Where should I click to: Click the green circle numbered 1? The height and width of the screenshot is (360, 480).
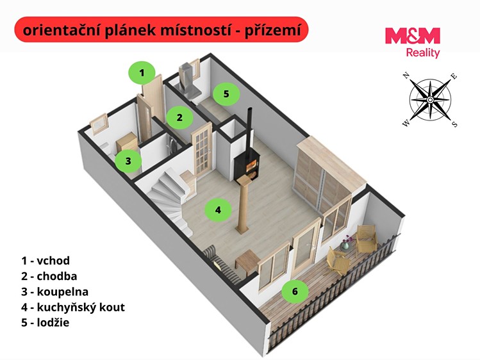click(x=142, y=73)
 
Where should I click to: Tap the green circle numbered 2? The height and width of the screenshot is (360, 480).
click(x=179, y=117)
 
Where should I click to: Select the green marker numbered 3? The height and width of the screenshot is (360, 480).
click(x=128, y=161)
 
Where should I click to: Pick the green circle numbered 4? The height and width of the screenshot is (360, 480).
click(x=218, y=210)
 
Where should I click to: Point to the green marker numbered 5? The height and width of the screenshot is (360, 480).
click(x=226, y=94)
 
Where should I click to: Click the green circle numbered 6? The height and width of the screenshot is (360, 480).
click(x=295, y=291)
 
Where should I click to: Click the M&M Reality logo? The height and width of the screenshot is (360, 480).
click(x=412, y=42)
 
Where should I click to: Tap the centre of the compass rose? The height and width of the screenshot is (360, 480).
click(x=430, y=100)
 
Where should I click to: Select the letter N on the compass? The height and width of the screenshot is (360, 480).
click(x=406, y=76)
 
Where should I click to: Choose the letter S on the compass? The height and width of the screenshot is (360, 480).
click(x=455, y=124)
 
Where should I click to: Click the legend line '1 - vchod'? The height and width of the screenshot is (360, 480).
click(x=46, y=261)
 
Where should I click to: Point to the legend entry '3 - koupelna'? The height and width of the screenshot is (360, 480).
click(x=55, y=292)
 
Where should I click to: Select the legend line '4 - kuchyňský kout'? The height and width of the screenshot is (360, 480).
click(x=73, y=307)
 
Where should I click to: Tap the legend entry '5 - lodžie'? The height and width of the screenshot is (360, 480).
click(x=46, y=322)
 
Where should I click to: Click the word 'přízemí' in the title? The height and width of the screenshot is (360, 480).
click(x=273, y=31)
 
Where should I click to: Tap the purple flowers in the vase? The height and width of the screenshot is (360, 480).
click(x=347, y=239)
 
